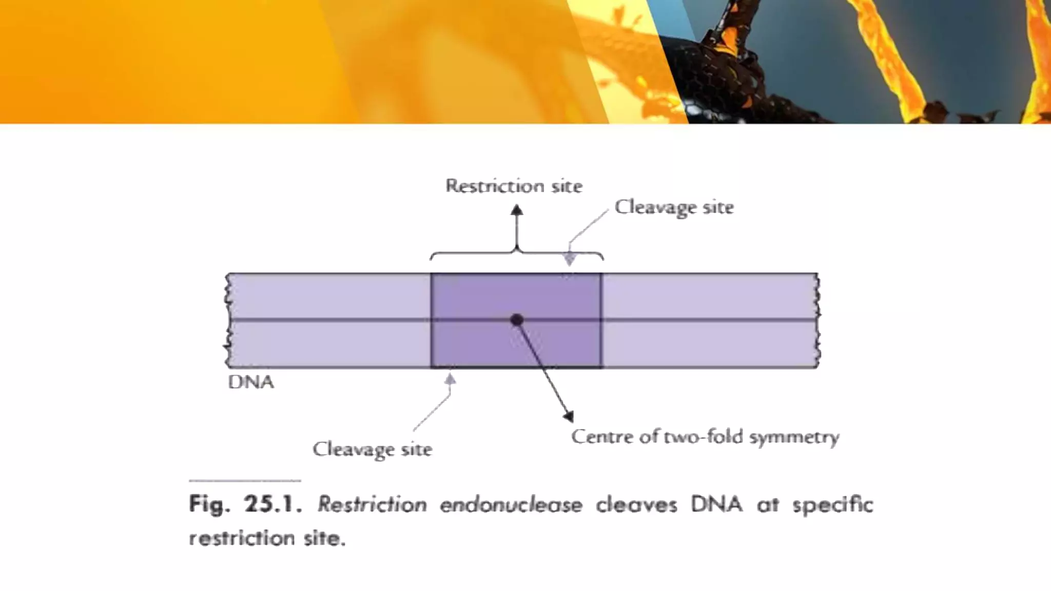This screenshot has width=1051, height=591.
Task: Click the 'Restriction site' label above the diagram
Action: [514, 186]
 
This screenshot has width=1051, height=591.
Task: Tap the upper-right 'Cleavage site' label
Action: [674, 207]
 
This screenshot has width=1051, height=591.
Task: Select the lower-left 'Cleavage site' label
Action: [372, 449]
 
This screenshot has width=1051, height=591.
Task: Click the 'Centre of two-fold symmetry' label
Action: [705, 437]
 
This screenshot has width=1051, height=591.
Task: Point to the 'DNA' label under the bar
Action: [251, 382]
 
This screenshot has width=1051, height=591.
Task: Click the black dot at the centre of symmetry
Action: [517, 320]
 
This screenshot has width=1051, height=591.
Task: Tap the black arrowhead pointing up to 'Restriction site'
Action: [517, 210]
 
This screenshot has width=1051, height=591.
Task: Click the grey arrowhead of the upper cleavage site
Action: [569, 259]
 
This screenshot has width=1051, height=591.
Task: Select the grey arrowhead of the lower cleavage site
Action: [450, 380]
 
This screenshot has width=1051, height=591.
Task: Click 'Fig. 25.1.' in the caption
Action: [244, 504]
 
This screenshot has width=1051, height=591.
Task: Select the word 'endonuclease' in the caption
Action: [511, 505]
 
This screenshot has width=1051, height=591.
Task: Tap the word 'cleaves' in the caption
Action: [636, 505]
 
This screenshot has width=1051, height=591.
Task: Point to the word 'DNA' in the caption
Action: [716, 504]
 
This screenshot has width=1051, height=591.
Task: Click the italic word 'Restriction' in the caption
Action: [372, 504]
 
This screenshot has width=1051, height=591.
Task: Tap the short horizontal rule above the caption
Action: [245, 481]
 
